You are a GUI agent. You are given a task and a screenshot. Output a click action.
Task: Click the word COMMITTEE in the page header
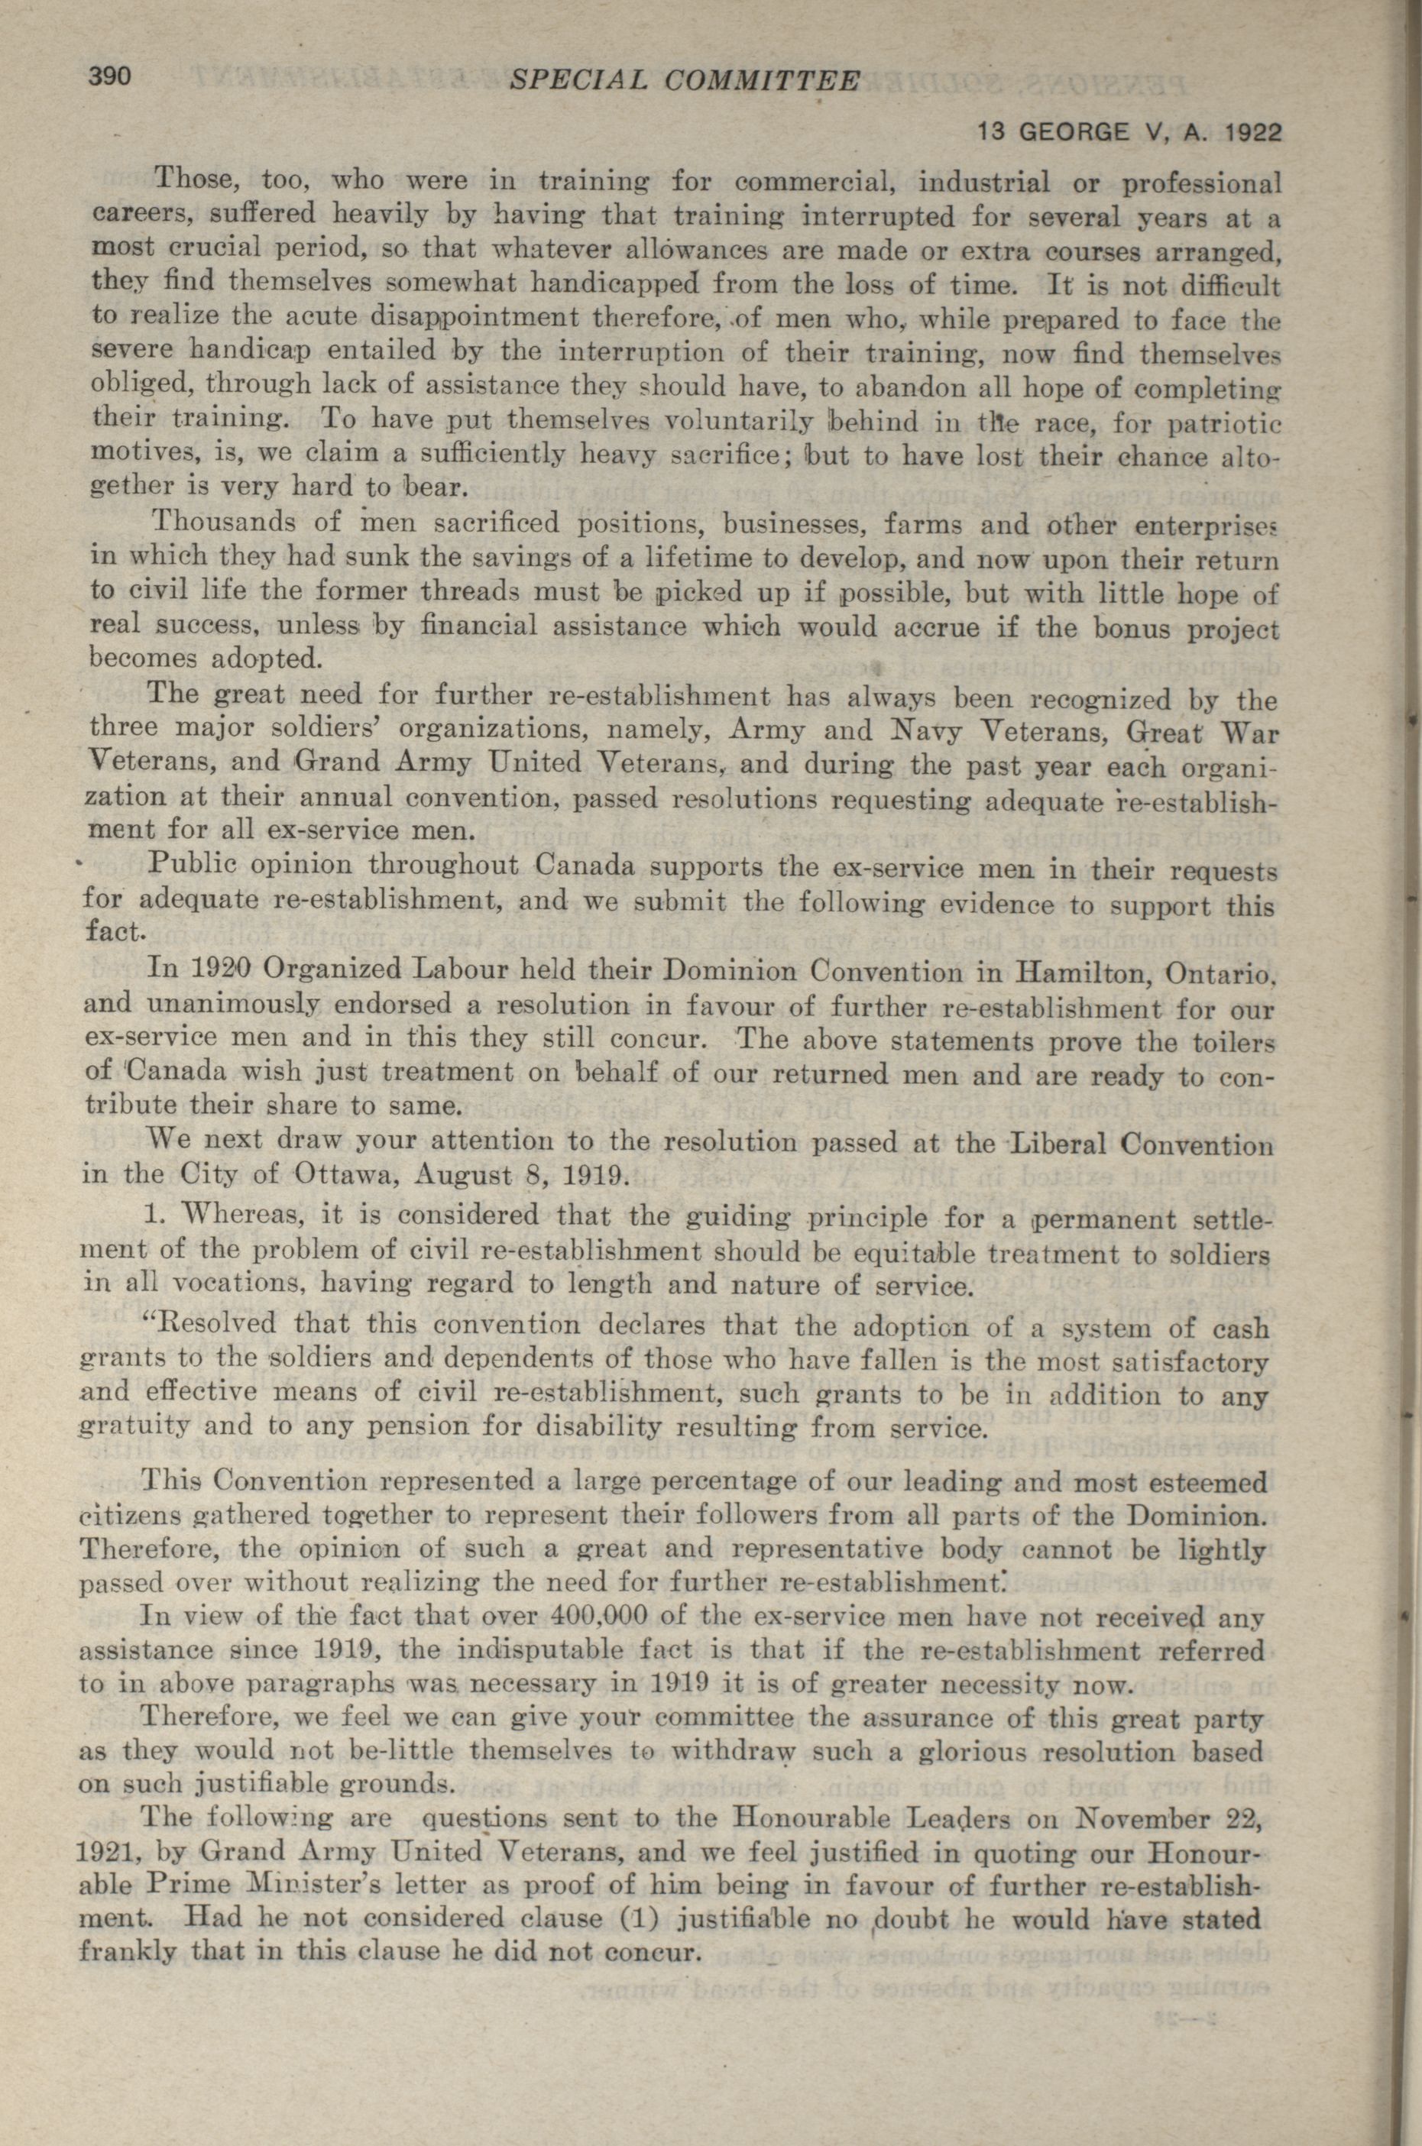click(761, 82)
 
